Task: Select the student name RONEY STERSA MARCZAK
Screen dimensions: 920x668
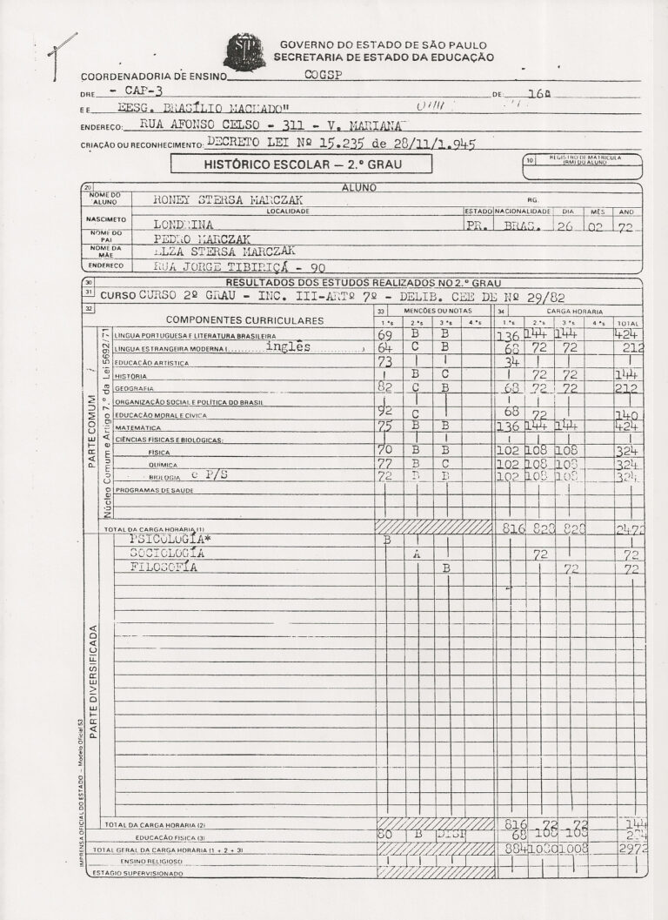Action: pos(228,199)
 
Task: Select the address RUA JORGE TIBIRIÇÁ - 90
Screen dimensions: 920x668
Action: pos(238,267)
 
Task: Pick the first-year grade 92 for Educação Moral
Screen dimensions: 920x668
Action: pos(386,411)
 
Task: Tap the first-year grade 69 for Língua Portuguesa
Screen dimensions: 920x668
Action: pos(385,335)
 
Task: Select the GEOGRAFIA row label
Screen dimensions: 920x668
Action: pos(134,388)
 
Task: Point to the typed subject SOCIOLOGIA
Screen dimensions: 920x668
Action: pos(167,553)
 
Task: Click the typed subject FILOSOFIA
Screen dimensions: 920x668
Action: pos(164,567)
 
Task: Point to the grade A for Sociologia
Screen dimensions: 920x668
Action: pos(417,554)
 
